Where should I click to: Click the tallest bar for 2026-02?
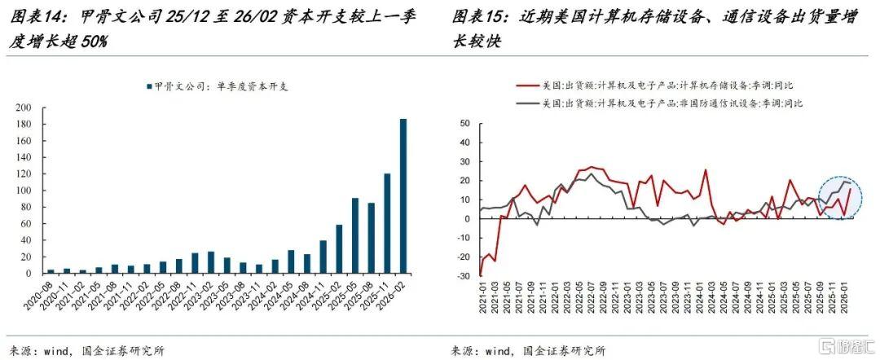click(403, 196)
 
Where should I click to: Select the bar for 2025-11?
click(387, 224)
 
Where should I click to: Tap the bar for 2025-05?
click(355, 236)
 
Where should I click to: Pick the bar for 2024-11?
click(323, 257)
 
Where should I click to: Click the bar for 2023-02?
click(211, 262)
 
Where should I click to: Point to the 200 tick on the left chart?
click(24, 108)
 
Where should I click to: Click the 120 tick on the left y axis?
click(24, 173)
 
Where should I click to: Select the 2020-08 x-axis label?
click(39, 292)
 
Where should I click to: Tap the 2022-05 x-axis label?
click(151, 292)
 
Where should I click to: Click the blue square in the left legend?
click(149, 87)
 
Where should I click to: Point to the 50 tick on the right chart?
click(464, 123)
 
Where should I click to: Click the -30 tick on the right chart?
click(462, 276)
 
